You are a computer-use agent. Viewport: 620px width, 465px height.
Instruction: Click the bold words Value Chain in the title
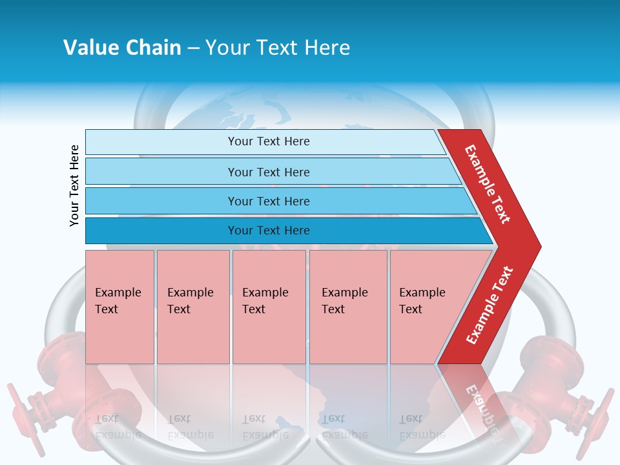point(122,48)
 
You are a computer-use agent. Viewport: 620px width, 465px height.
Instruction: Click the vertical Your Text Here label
point(74,185)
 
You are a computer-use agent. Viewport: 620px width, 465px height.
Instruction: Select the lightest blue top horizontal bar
point(161,142)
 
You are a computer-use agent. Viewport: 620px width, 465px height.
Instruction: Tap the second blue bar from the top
point(161,172)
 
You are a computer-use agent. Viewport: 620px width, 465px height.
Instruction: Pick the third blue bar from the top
point(161,201)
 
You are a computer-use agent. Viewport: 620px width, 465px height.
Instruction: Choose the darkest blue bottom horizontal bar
point(161,231)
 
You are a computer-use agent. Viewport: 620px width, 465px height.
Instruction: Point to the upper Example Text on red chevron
point(488,184)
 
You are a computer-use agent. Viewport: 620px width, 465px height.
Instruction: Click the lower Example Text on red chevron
point(490,305)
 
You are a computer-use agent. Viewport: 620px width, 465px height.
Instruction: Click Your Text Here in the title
point(278,48)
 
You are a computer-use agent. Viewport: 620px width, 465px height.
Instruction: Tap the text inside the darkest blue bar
point(269,231)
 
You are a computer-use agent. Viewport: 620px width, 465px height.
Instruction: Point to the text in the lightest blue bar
point(269,141)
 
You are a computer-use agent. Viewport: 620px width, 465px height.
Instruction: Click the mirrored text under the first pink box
point(118,427)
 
